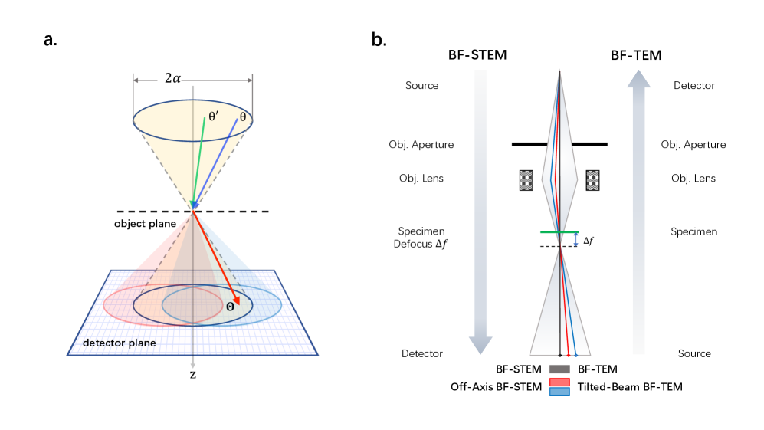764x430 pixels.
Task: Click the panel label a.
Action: pyautogui.click(x=50, y=40)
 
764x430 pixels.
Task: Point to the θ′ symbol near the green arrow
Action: pyautogui.click(x=214, y=117)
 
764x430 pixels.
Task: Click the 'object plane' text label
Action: pyautogui.click(x=146, y=223)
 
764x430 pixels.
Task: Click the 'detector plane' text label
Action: pyautogui.click(x=120, y=343)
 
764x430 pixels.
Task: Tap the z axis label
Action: pyautogui.click(x=193, y=375)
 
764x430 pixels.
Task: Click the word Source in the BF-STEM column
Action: pyautogui.click(x=421, y=85)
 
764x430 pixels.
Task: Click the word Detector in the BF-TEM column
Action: pyautogui.click(x=694, y=85)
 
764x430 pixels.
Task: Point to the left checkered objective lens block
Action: pyautogui.click(x=526, y=179)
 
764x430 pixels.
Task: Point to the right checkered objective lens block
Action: pyautogui.click(x=592, y=179)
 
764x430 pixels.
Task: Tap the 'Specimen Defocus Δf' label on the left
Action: pyautogui.click(x=421, y=238)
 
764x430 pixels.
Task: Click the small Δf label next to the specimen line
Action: pyautogui.click(x=588, y=241)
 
